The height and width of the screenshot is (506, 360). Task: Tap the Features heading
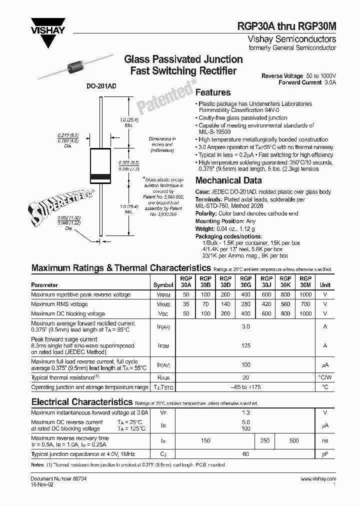(x=212, y=92)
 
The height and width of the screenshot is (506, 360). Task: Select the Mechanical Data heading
(x=228, y=180)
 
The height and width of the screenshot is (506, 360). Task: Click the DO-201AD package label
(x=101, y=86)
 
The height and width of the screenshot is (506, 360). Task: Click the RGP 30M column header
(x=305, y=281)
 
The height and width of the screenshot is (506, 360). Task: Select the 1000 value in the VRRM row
(x=305, y=295)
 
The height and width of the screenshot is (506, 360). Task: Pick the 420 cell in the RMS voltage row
(x=266, y=304)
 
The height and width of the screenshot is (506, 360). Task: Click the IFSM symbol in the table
(x=163, y=345)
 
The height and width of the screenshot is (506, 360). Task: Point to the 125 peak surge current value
(x=245, y=345)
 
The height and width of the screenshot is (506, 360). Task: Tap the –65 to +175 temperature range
(x=245, y=387)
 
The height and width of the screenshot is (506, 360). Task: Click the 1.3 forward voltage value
(x=245, y=413)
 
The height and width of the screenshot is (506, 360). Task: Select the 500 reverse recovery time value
(x=294, y=440)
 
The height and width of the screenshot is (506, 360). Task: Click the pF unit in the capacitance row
(x=325, y=454)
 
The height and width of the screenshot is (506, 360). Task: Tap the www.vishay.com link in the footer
(x=318, y=479)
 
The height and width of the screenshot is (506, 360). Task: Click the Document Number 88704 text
(x=52, y=479)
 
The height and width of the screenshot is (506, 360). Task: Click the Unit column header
(x=325, y=284)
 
